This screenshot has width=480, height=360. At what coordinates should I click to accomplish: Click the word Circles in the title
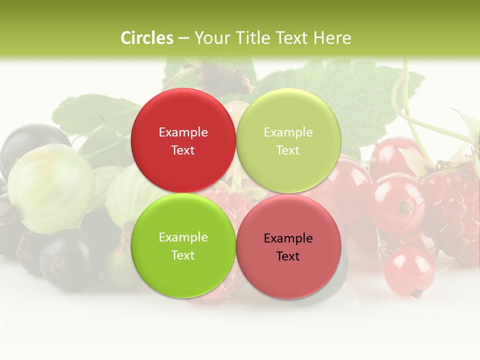tap(146, 38)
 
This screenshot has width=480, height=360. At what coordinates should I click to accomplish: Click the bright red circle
tap(183, 141)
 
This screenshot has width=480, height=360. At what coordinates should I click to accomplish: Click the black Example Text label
tap(288, 247)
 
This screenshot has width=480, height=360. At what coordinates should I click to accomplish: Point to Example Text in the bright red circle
tap(183, 141)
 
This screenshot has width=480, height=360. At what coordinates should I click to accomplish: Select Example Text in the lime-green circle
tap(183, 246)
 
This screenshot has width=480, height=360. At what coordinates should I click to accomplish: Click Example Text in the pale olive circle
tap(288, 141)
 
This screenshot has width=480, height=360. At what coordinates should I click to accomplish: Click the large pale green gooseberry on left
tap(50, 187)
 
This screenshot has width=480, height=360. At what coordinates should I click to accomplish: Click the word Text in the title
tap(289, 38)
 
